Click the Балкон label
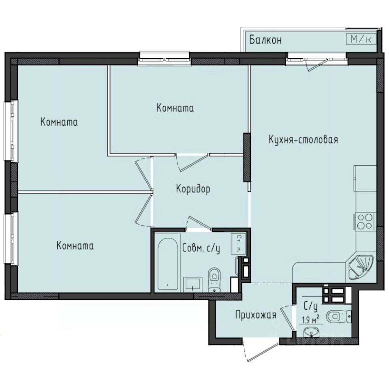tap(265, 40)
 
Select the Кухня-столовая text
tap(303, 140)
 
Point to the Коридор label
tap(193, 189)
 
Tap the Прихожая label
tap(256, 314)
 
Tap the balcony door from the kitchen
tap(316, 62)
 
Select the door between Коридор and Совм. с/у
tap(199, 224)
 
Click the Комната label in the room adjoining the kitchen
tap(175, 108)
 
